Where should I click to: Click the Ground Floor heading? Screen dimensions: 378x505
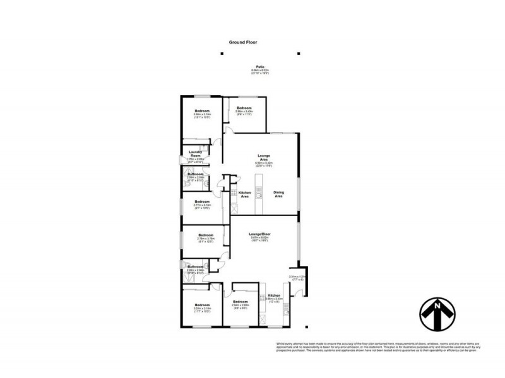(x=243, y=42)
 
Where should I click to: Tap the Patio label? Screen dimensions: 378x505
(x=259, y=66)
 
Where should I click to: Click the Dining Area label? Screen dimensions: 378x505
(x=278, y=195)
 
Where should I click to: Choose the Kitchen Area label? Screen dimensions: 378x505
(x=245, y=195)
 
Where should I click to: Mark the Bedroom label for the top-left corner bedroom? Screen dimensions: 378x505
(x=202, y=111)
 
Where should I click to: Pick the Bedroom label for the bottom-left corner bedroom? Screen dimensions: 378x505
(x=202, y=304)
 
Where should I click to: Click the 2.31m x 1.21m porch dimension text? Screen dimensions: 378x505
(x=297, y=277)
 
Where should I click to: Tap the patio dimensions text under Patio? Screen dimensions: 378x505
(x=259, y=72)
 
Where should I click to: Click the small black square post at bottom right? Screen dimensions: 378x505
(x=307, y=326)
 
